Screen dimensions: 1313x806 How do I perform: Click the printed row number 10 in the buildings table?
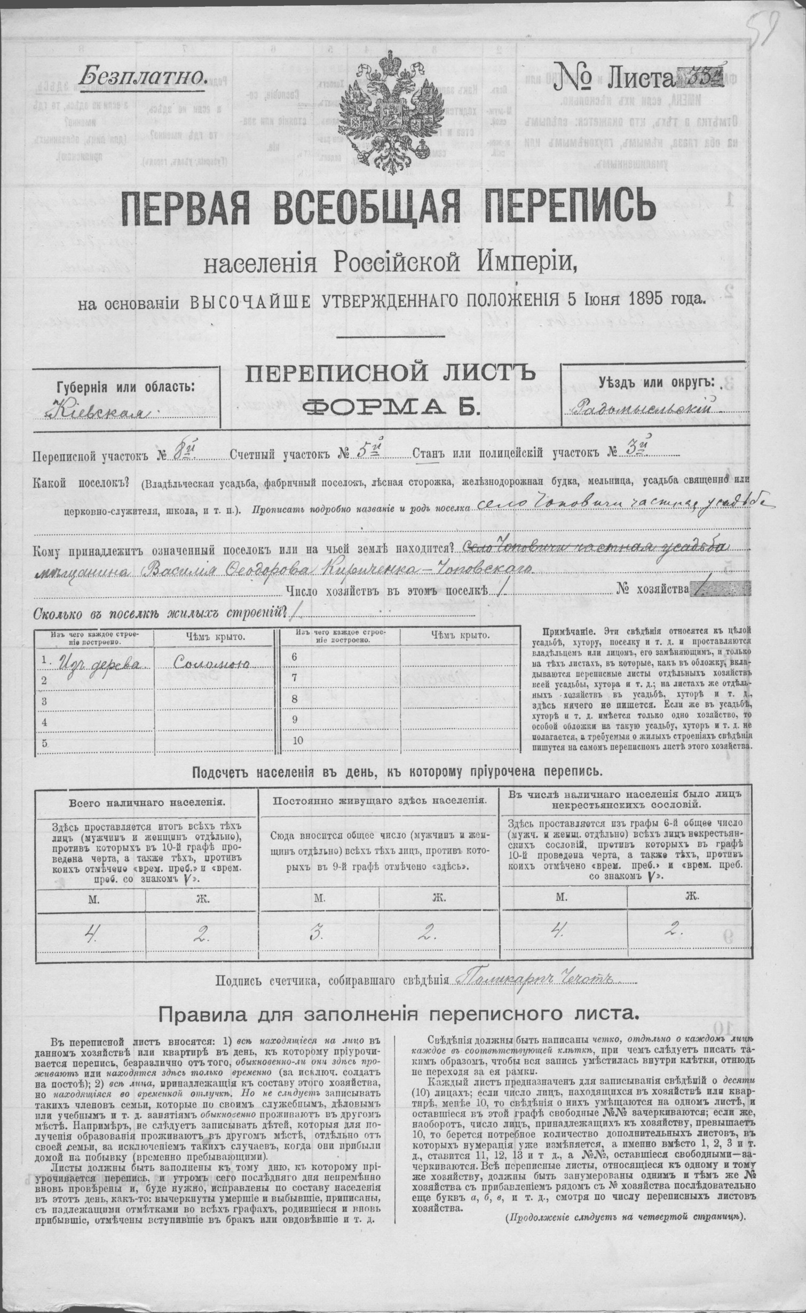[x=298, y=740]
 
